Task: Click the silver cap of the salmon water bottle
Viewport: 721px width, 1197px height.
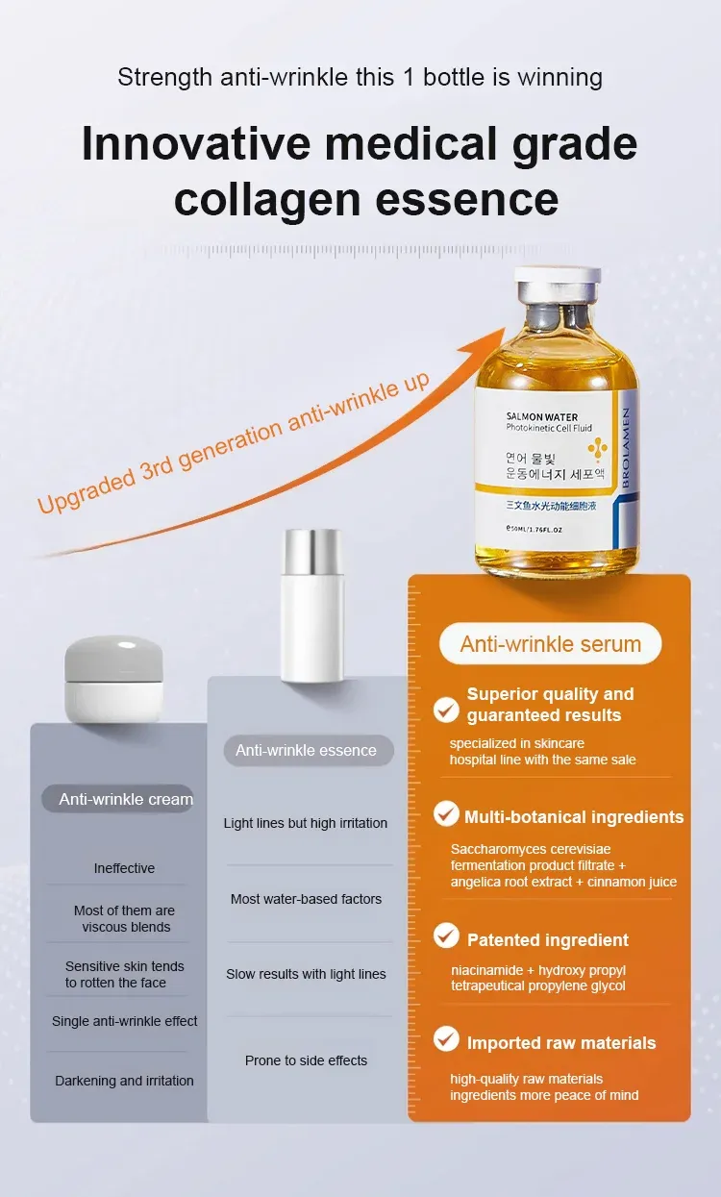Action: tap(558, 287)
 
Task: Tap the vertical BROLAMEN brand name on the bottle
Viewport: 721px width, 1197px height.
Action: tap(626, 447)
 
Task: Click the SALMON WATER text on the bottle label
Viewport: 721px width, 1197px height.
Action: tap(542, 417)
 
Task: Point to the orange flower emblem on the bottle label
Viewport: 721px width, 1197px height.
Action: tap(597, 449)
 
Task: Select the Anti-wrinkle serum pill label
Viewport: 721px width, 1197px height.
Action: tap(550, 644)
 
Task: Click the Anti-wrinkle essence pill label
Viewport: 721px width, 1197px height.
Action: tap(309, 750)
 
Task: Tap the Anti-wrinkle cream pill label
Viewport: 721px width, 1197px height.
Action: tap(118, 799)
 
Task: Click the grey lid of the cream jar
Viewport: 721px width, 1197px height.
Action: tap(113, 659)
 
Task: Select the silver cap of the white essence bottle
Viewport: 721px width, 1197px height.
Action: tap(312, 552)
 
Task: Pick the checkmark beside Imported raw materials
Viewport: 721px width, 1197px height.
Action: tap(446, 1038)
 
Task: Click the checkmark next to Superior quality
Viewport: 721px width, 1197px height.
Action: tap(446, 710)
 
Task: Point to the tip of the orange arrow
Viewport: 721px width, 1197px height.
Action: tap(505, 328)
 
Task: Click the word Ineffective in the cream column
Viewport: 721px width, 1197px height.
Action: tap(124, 868)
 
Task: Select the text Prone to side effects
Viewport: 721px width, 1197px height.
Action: tap(306, 1060)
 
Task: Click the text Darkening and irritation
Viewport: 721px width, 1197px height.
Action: tap(124, 1081)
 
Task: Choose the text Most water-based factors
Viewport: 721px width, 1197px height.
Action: tap(306, 899)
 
